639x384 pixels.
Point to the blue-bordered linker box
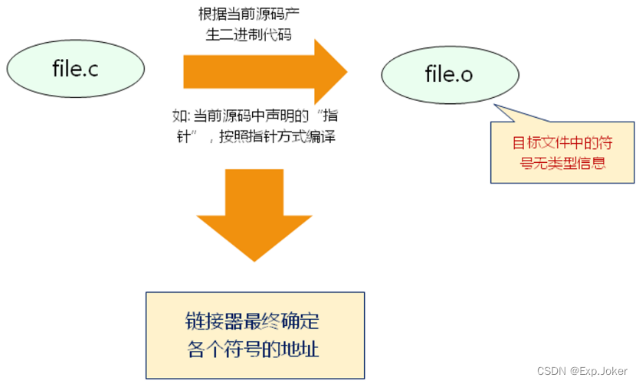[254, 334]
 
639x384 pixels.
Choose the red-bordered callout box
[562, 152]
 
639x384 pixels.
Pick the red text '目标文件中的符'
[562, 142]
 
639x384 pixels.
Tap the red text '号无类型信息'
[562, 163]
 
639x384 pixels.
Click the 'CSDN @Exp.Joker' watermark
[583, 371]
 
